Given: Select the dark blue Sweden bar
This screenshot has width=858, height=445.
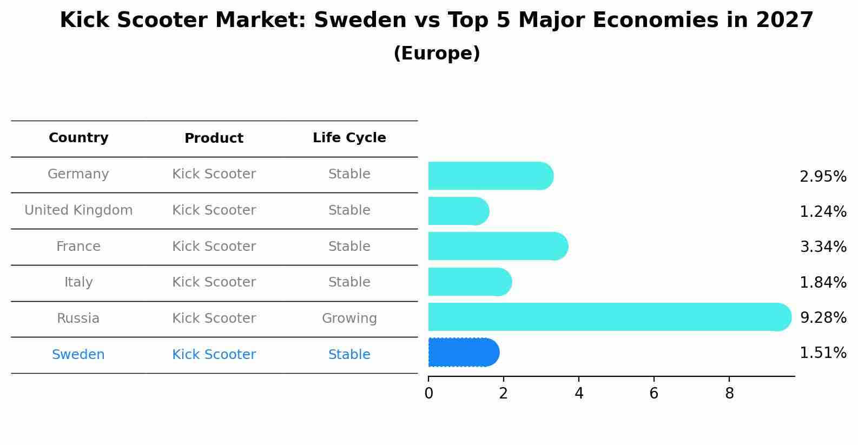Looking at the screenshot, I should pyautogui.click(x=463, y=353).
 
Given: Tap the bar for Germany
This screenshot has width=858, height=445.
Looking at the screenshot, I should pyautogui.click(x=490, y=176).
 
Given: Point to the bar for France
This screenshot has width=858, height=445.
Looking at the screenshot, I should pyautogui.click(x=498, y=246).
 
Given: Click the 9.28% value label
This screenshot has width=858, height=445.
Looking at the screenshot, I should pyautogui.click(x=823, y=317).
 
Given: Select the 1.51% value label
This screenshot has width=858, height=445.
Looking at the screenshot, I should pyautogui.click(x=823, y=353).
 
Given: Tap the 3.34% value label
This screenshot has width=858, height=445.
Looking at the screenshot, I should pyautogui.click(x=823, y=247).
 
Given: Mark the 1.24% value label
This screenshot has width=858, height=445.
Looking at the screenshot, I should pyautogui.click(x=823, y=211).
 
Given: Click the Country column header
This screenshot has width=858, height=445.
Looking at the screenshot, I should pyautogui.click(x=78, y=138).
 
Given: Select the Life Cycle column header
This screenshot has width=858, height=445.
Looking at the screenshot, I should pyautogui.click(x=349, y=138).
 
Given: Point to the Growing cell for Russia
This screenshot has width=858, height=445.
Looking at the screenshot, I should pyautogui.click(x=349, y=318).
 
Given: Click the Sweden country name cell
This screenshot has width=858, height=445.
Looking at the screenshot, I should pyautogui.click(x=78, y=355).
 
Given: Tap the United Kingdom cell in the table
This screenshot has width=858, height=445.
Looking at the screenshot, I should pyautogui.click(x=78, y=210).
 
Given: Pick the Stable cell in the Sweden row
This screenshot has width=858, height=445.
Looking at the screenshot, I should pyautogui.click(x=349, y=355).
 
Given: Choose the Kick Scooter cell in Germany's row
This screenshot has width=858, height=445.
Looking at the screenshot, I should pyautogui.click(x=214, y=174).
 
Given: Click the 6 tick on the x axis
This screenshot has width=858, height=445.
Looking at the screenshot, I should pyautogui.click(x=654, y=394).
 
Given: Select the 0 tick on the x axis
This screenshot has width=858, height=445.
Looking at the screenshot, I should pyautogui.click(x=428, y=394).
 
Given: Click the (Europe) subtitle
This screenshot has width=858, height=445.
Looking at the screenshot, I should pyautogui.click(x=437, y=54).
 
